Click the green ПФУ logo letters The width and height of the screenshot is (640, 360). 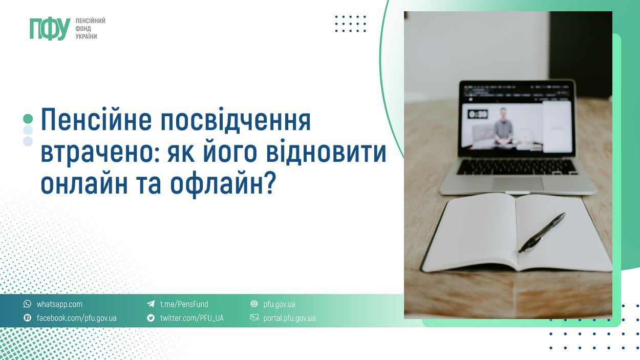[50, 29]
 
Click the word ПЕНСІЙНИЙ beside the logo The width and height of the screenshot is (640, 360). [90, 20]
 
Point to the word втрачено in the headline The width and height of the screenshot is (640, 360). [100, 153]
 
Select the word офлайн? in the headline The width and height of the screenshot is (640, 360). [223, 184]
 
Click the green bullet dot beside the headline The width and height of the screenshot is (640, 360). [28, 119]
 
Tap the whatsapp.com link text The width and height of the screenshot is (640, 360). [59, 304]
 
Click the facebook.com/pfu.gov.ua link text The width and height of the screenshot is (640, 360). [76, 318]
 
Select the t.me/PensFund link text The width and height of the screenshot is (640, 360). [184, 304]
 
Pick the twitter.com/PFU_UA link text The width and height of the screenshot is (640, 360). [191, 318]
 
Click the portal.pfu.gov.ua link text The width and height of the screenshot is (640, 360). [289, 318]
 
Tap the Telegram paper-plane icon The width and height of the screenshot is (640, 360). [151, 304]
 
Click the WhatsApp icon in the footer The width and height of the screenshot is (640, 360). [28, 304]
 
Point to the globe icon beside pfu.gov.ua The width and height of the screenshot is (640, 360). [254, 304]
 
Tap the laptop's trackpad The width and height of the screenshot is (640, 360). [518, 183]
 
